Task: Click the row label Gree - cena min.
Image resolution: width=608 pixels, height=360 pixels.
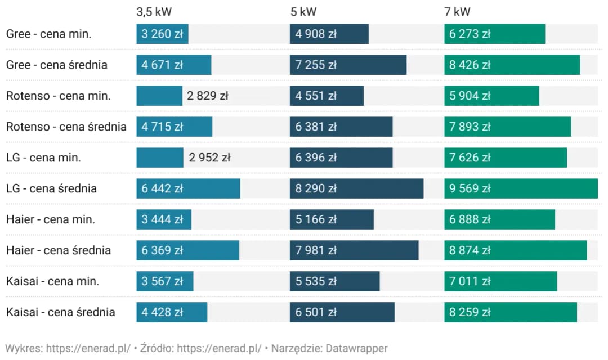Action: (48, 34)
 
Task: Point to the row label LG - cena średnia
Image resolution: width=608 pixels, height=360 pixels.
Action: (51, 188)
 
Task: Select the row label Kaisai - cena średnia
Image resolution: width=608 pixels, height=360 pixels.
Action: (60, 312)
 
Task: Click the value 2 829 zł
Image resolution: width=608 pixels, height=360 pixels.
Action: (207, 96)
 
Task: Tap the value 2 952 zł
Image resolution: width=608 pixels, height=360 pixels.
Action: (209, 157)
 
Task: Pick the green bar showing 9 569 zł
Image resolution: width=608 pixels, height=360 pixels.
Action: (521, 188)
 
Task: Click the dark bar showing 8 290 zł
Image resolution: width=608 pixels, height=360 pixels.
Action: (356, 188)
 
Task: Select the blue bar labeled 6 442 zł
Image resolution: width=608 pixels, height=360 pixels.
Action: (188, 188)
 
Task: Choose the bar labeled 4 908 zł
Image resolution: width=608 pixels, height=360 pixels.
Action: (329, 34)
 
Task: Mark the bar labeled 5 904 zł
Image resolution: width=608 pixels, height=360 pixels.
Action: (491, 96)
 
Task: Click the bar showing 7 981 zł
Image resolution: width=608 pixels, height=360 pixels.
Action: (354, 250)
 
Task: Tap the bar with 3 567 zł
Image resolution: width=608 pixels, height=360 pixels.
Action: (164, 281)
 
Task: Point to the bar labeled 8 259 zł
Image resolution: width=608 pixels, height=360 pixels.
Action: (511, 312)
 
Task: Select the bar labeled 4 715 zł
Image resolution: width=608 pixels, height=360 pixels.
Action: (174, 127)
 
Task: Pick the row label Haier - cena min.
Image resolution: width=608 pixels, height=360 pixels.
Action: (50, 219)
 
